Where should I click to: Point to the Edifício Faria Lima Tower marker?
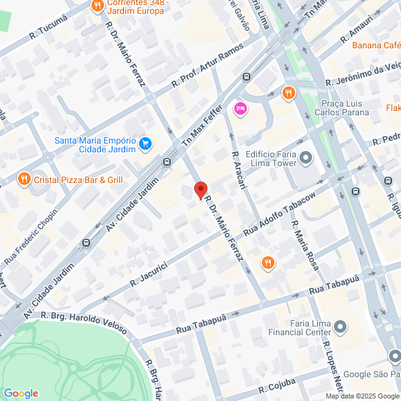click(306, 158)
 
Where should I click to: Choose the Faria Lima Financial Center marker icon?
click(340, 326)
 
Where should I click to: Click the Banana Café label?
click(376, 46)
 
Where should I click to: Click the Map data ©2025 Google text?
click(362, 396)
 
